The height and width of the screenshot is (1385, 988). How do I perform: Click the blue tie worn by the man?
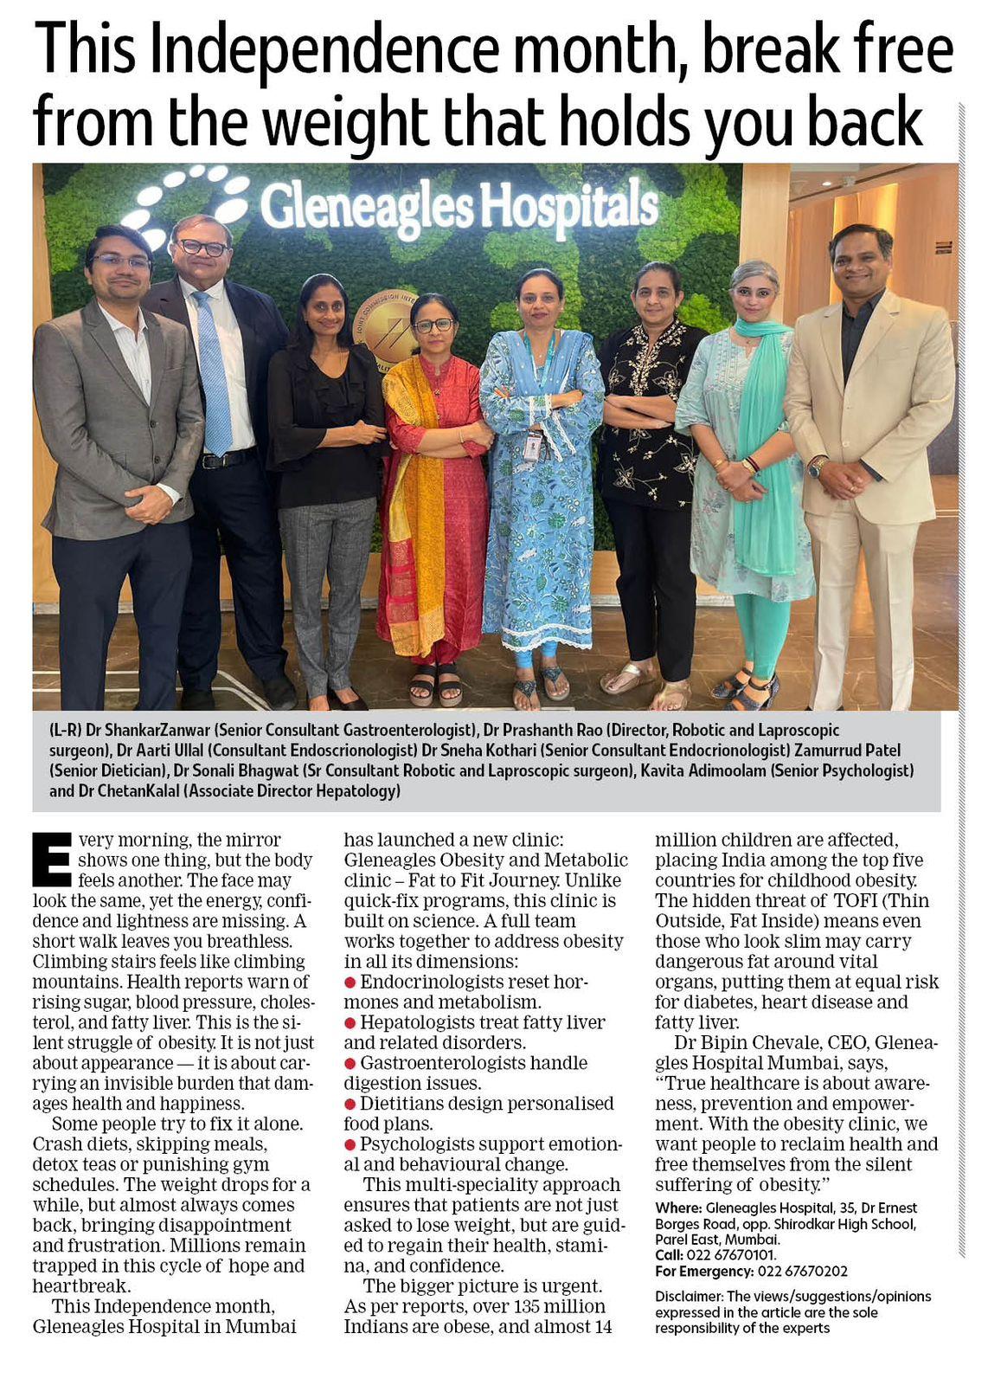coord(212,372)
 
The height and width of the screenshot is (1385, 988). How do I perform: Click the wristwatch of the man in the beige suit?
coord(816,467)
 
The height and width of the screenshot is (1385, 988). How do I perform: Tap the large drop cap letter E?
coord(52,860)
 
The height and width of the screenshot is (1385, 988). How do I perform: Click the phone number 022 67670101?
coord(731,1255)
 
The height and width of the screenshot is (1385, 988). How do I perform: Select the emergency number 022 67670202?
coord(802,1272)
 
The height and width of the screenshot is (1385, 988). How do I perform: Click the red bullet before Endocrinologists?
coord(350,982)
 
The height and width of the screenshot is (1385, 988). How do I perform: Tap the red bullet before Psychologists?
coord(350,1144)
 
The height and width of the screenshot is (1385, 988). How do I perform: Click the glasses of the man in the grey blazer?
coord(119,261)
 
